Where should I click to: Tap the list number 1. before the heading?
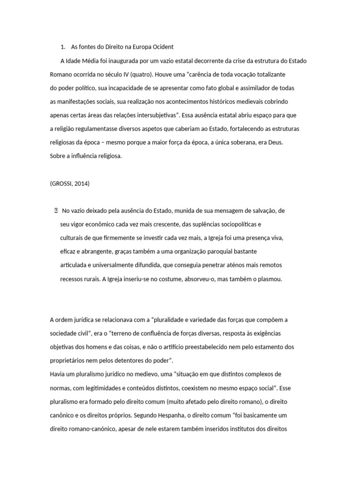click(x=62, y=47)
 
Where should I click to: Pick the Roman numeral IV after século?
click(x=125, y=74)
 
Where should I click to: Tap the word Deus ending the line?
click(x=275, y=142)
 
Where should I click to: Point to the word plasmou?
click(x=269, y=278)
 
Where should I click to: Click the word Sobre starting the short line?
click(x=59, y=156)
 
